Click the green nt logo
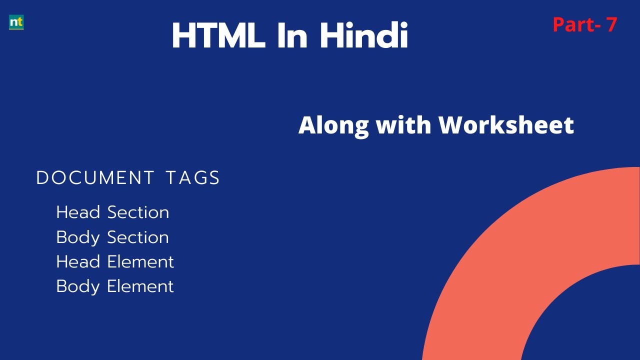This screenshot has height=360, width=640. click(16, 22)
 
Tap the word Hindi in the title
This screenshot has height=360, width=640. click(364, 36)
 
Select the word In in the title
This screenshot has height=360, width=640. click(292, 36)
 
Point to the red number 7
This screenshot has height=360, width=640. click(611, 24)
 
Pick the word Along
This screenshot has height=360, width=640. click(333, 125)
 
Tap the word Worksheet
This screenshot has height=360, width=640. click(506, 125)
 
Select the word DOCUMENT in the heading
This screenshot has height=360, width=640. click(95, 178)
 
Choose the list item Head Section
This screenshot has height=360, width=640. click(112, 212)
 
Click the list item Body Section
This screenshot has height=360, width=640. click(112, 237)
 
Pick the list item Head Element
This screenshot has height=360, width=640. click(115, 261)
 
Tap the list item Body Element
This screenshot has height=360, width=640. click(115, 286)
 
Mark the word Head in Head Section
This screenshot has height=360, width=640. click(78, 212)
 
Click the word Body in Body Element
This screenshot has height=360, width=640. click(77, 286)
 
